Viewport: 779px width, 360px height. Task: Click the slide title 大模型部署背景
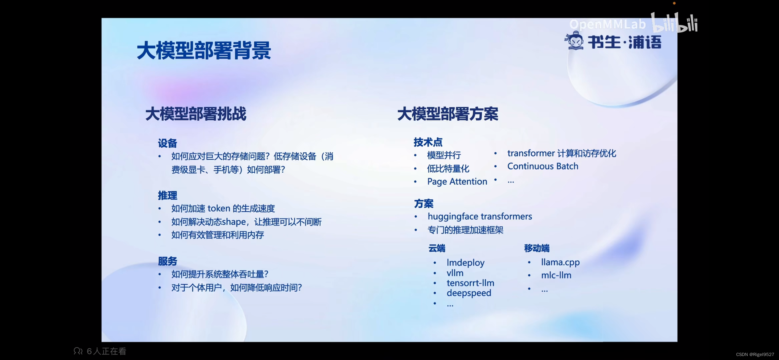(204, 50)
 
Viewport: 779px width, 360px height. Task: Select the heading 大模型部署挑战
(196, 114)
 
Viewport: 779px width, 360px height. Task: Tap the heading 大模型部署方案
(448, 114)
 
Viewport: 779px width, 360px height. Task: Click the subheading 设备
(167, 143)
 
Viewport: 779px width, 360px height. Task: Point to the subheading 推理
(167, 195)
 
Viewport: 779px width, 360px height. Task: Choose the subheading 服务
(167, 261)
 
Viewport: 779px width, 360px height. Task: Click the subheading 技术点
(428, 142)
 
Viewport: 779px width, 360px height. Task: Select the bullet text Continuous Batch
(543, 166)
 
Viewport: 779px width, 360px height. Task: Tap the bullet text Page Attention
(457, 182)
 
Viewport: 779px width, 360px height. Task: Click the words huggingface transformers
(480, 216)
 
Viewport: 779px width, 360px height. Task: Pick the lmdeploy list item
(465, 262)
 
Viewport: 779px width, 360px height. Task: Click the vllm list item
(455, 273)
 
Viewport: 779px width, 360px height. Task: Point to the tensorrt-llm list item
(470, 283)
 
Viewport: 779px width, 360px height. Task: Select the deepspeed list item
(469, 293)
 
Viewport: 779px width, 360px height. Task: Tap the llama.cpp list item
(560, 262)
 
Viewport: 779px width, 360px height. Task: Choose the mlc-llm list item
(556, 275)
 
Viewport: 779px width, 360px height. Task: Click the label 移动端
(537, 248)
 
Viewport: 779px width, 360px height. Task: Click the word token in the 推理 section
(219, 209)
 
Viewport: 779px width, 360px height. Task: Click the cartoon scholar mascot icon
(574, 41)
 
